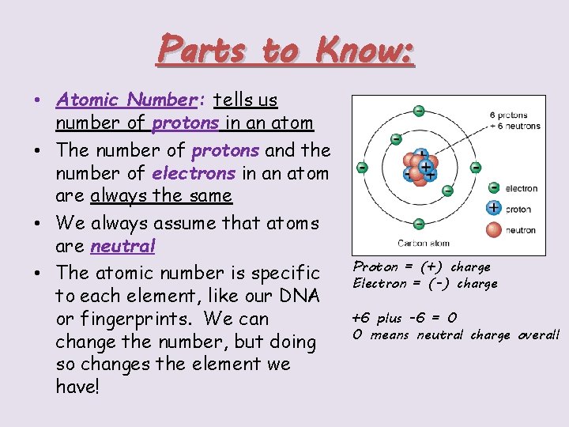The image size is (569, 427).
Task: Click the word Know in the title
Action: pyautogui.click(x=363, y=50)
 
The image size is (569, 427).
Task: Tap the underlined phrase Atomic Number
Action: pyautogui.click(x=125, y=100)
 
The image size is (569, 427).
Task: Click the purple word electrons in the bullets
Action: pyautogui.click(x=193, y=172)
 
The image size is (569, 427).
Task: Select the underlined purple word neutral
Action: pyautogui.click(x=123, y=246)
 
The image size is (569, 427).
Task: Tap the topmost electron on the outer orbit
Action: pyautogui.click(x=419, y=110)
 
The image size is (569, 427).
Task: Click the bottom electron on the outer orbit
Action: pyautogui.click(x=419, y=225)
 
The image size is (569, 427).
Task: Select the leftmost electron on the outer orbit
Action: pyautogui.click(x=362, y=168)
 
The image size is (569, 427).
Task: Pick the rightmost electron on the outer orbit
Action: pyautogui.click(x=476, y=168)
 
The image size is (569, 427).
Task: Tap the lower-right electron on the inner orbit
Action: pyautogui.click(x=447, y=191)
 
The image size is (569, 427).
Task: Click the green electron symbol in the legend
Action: pyautogui.click(x=494, y=188)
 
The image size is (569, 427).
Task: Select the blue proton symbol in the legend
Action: pyautogui.click(x=494, y=208)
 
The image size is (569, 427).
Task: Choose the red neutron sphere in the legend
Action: pyautogui.click(x=494, y=229)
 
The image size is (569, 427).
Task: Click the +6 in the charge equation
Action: pyautogui.click(x=362, y=318)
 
